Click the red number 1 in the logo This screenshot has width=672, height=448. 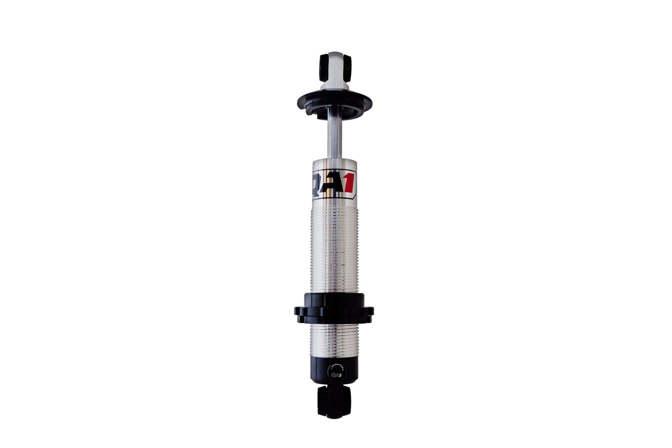[349, 182]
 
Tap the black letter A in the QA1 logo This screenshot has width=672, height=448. [334, 182]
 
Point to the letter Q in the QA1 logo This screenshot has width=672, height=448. [318, 182]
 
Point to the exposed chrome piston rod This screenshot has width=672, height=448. [334, 136]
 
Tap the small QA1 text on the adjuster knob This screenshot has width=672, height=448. [335, 375]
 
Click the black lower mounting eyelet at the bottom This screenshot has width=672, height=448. [334, 401]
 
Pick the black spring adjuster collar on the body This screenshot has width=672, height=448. [334, 307]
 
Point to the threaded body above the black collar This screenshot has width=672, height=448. [334, 249]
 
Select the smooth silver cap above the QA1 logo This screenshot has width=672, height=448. [334, 164]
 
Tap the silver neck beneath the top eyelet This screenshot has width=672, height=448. [335, 84]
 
